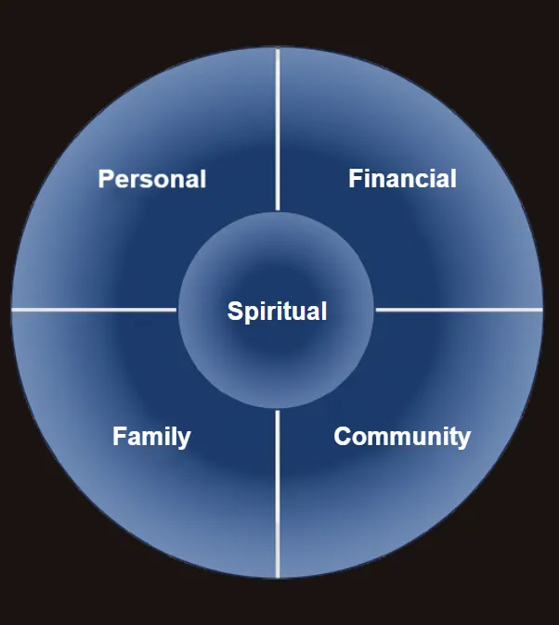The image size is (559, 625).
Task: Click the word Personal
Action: point(152,178)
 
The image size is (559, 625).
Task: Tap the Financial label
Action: point(402,178)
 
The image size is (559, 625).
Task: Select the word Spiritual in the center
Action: point(277,312)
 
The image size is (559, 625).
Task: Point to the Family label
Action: point(151,436)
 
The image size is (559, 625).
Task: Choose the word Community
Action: point(402,436)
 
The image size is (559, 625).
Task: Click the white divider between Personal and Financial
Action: point(277,130)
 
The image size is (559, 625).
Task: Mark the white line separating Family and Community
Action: point(277,491)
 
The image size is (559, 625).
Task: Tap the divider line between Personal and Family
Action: point(93,309)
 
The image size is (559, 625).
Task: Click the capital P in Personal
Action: point(106,178)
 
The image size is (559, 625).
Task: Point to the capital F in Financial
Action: point(355,178)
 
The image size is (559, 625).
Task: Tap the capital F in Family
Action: point(119,436)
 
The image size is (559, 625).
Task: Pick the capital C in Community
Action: point(342,436)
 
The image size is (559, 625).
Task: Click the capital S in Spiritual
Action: point(235,312)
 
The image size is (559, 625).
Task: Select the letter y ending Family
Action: point(185,439)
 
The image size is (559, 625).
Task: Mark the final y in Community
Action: point(464,439)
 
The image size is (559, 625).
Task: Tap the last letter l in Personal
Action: point(202,178)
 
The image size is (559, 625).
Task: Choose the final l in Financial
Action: point(453,178)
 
